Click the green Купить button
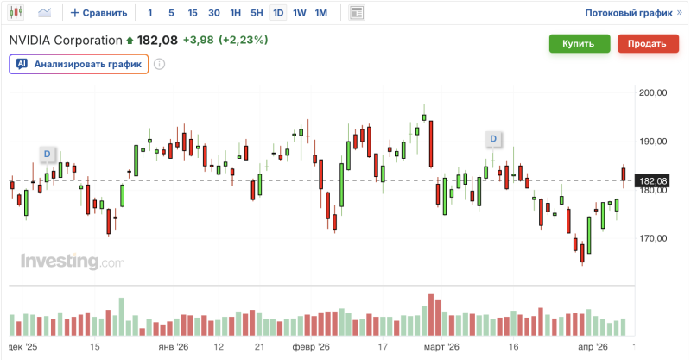578,44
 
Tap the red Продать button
646,44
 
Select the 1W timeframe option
299,13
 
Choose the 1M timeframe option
320,13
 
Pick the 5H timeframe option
257,13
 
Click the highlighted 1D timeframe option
278,13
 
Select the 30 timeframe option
213,13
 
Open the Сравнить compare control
99,13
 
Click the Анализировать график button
79,64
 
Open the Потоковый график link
628,13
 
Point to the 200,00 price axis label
654,92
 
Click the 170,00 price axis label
654,238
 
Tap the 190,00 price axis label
654,142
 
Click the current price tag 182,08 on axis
653,180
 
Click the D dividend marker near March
493,138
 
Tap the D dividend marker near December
48,155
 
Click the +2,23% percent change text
243,40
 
